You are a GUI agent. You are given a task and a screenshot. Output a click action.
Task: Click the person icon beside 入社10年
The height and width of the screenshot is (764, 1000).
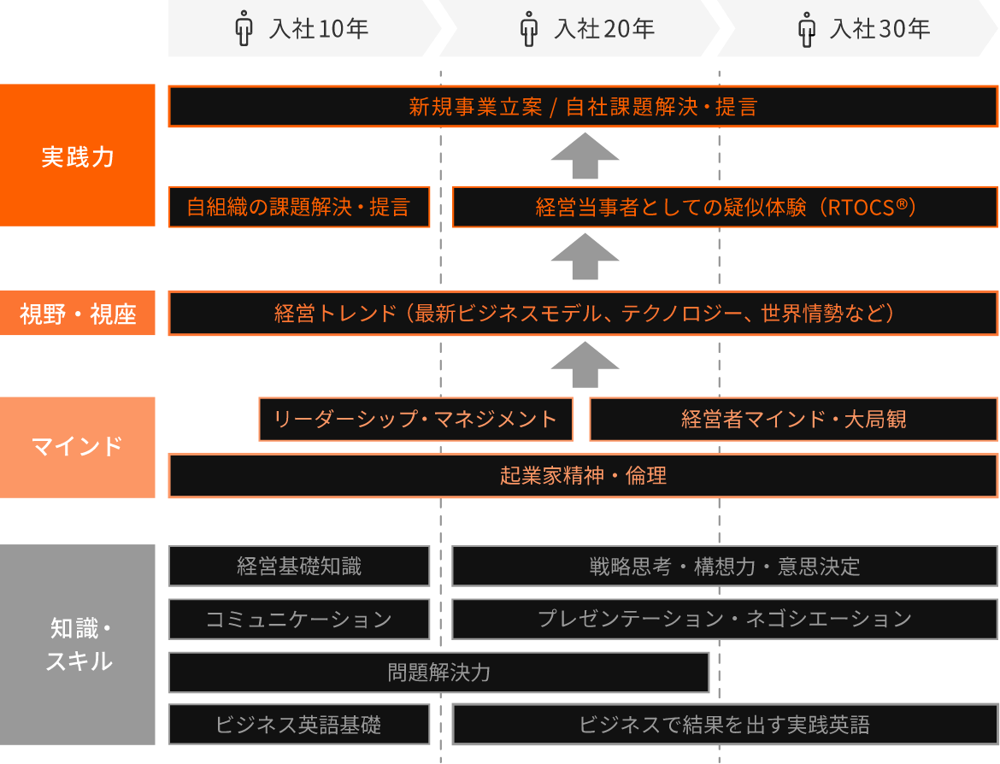tap(244, 29)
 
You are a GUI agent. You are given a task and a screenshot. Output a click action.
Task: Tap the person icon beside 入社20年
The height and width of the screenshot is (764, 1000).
tap(530, 29)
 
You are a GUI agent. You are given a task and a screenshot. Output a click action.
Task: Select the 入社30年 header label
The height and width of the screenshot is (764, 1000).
tap(879, 29)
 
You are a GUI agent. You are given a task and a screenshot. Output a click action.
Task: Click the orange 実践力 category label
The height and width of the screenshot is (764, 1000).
tap(78, 156)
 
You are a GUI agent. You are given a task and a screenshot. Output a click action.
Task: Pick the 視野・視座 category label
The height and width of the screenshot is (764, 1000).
tap(78, 314)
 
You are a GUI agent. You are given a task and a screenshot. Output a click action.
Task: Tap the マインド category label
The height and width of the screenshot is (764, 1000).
tap(78, 447)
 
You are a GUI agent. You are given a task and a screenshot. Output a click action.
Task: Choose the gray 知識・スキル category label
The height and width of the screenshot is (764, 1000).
tap(78, 645)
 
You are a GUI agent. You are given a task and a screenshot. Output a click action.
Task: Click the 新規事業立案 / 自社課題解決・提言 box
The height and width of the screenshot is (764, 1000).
tap(583, 107)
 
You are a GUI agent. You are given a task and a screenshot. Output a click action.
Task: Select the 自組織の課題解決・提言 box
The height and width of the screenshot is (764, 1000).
tap(299, 208)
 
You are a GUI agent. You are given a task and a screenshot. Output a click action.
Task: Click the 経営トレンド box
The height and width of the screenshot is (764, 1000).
tap(583, 314)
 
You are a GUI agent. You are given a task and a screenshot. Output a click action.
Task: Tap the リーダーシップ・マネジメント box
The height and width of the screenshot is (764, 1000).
tap(415, 420)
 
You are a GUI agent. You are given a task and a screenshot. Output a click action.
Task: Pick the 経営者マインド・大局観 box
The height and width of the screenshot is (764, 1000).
tap(793, 420)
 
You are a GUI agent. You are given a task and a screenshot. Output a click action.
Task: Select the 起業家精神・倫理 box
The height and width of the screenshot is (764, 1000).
tap(583, 476)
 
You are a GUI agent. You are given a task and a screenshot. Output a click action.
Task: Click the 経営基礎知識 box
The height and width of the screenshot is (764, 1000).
tap(299, 566)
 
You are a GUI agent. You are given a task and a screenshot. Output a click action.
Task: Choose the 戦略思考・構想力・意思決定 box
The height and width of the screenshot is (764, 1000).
tap(724, 566)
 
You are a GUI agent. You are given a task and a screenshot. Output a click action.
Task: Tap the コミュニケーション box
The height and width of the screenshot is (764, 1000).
tap(299, 619)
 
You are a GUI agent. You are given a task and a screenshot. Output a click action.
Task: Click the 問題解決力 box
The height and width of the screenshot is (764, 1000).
tap(438, 673)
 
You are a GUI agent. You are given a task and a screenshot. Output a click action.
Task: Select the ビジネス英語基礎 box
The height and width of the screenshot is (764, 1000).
tap(299, 725)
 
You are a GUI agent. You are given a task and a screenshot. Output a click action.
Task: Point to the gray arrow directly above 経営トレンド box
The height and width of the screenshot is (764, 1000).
tap(585, 256)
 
